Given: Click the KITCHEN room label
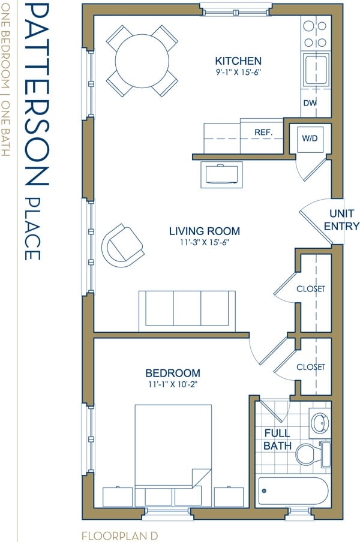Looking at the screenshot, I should pos(238,61).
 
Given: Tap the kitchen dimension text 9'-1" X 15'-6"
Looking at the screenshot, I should pos(238,72).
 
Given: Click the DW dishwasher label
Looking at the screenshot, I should pos(310,103).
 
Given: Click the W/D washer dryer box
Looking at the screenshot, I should pos(310,138).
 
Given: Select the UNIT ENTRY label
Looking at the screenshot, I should pos(341,220).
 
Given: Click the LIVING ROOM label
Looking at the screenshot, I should pos(204,231).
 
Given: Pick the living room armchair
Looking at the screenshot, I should pos(123,245).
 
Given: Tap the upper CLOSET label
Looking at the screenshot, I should pos(311,289).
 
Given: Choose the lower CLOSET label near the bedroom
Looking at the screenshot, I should pos(311,367).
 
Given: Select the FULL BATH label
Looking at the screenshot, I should pos(277,439).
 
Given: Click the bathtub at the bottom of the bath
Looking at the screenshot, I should pos(293,492).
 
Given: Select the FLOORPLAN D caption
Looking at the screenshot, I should pos(119,534).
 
